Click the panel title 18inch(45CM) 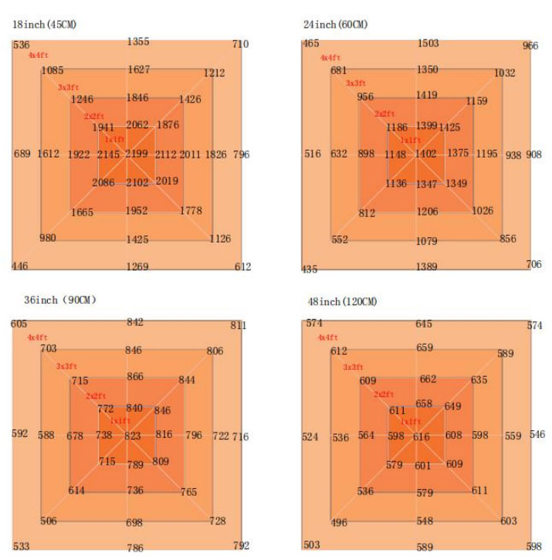tap(44, 25)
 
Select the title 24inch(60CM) tap(336, 25)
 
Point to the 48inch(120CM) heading tap(339, 301)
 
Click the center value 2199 tap(137, 154)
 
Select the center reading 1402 tap(425, 154)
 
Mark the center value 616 tap(421, 437)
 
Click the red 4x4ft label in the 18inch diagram tap(37, 56)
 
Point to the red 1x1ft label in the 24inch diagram tap(410, 140)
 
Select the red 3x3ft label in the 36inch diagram tap(66, 366)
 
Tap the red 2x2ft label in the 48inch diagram tap(384, 395)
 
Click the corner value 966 tap(530, 46)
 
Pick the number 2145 tap(108, 154)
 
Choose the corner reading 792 tap(241, 545)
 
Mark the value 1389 tap(426, 266)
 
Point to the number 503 tap(311, 545)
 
